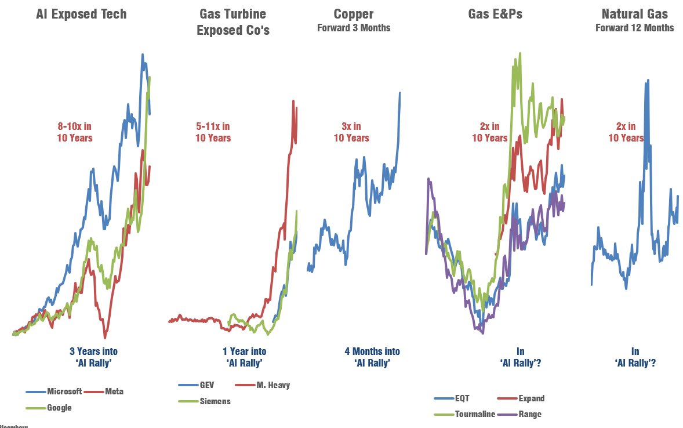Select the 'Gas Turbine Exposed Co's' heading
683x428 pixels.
point(233,22)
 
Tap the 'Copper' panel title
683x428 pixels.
point(354,14)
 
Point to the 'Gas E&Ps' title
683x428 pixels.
point(495,14)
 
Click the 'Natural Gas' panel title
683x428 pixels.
point(634,14)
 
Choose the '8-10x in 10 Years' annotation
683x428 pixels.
point(74,132)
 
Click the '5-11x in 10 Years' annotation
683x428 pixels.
point(213,132)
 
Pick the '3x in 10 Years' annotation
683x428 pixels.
point(351,132)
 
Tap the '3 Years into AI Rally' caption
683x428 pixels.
point(93,357)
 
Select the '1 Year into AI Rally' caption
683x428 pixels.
point(244,357)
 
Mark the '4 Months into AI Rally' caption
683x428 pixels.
point(372,357)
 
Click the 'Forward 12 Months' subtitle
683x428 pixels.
point(634,28)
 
